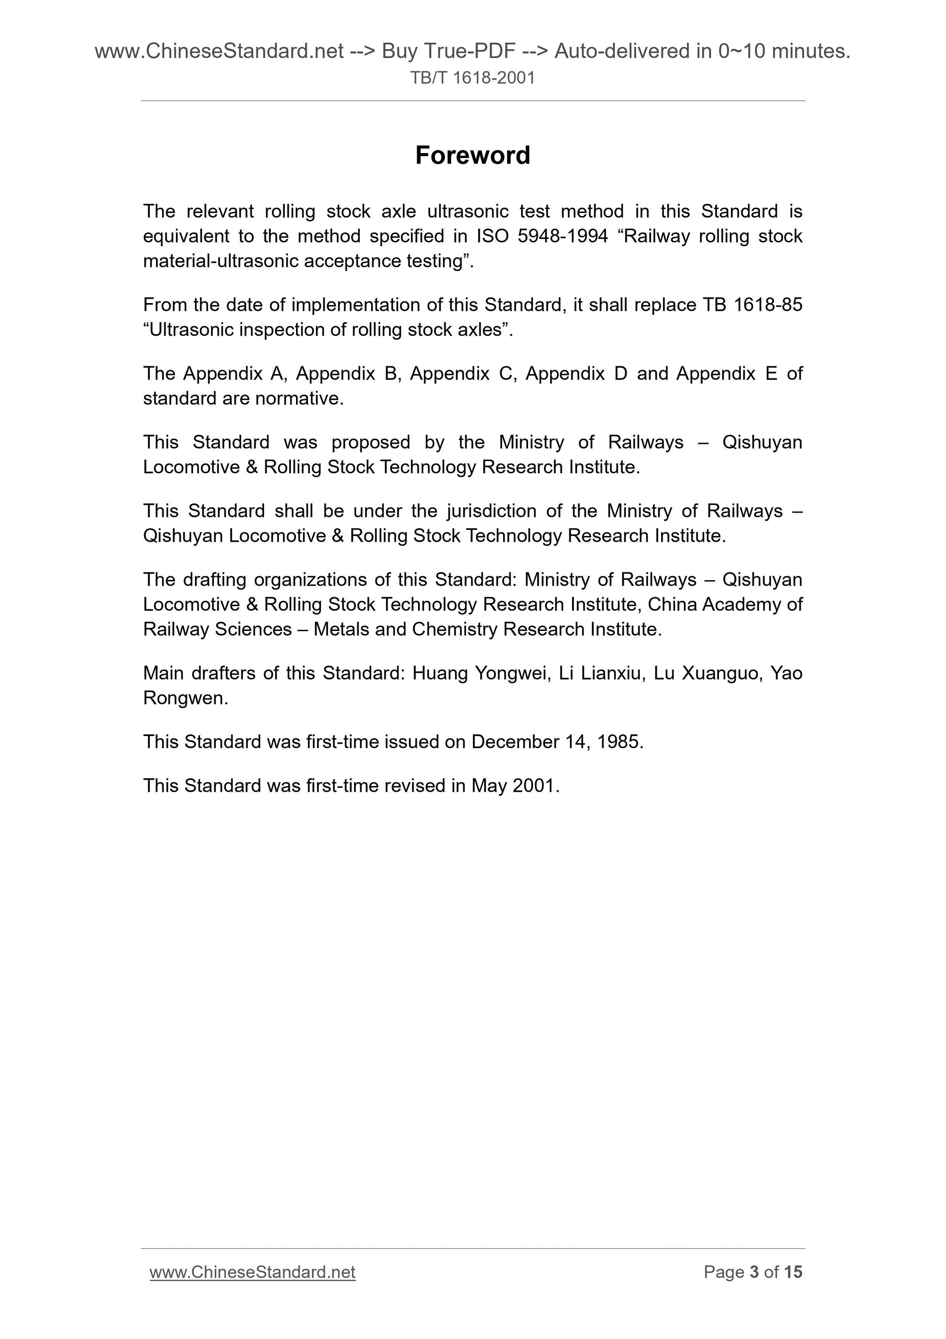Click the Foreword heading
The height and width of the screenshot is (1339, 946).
click(472, 156)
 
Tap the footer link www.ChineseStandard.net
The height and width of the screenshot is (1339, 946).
click(252, 1272)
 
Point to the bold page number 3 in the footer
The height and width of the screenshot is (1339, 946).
click(754, 1272)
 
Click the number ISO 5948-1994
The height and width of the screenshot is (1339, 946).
click(542, 236)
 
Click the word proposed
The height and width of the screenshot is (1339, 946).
click(371, 442)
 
